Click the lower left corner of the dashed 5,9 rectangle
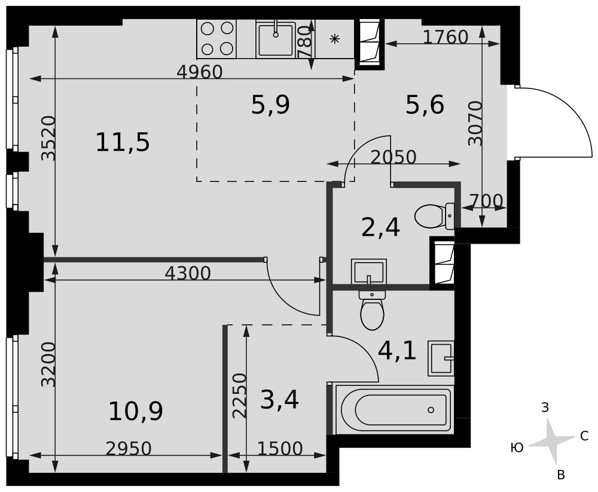197,181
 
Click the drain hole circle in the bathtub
431,410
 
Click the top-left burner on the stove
207,28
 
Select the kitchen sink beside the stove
276,40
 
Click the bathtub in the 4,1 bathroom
394,410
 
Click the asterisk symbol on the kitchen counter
334,38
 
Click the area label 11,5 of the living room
123,142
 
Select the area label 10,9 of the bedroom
136,411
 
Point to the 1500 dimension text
280,448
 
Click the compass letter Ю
517,448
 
